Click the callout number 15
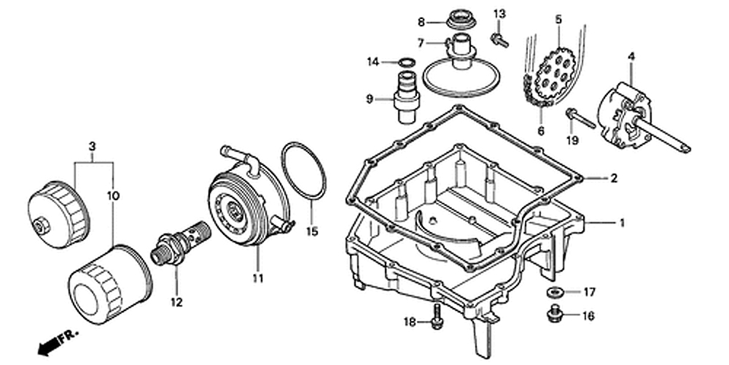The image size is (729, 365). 312,231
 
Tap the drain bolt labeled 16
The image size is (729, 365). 554,313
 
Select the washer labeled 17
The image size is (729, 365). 555,292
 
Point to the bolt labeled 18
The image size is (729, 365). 436,317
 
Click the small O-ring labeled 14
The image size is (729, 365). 406,62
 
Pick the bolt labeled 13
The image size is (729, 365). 499,39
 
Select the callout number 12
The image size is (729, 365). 176,302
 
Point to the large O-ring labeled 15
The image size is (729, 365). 304,171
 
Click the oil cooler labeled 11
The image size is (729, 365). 249,196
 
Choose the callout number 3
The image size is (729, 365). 92,146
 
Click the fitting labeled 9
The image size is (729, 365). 406,97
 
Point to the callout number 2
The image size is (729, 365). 614,178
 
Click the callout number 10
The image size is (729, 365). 113,196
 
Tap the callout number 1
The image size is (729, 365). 622,223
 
